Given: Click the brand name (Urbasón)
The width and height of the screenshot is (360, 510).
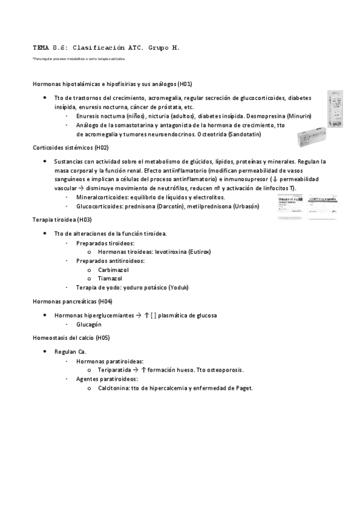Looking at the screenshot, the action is click(246, 206).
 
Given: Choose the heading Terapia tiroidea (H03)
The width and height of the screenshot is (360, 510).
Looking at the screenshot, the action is click(62, 220).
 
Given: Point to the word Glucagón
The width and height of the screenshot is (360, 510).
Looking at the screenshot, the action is click(89, 324).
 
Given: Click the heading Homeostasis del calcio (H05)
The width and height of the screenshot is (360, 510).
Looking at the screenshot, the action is click(71, 337).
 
